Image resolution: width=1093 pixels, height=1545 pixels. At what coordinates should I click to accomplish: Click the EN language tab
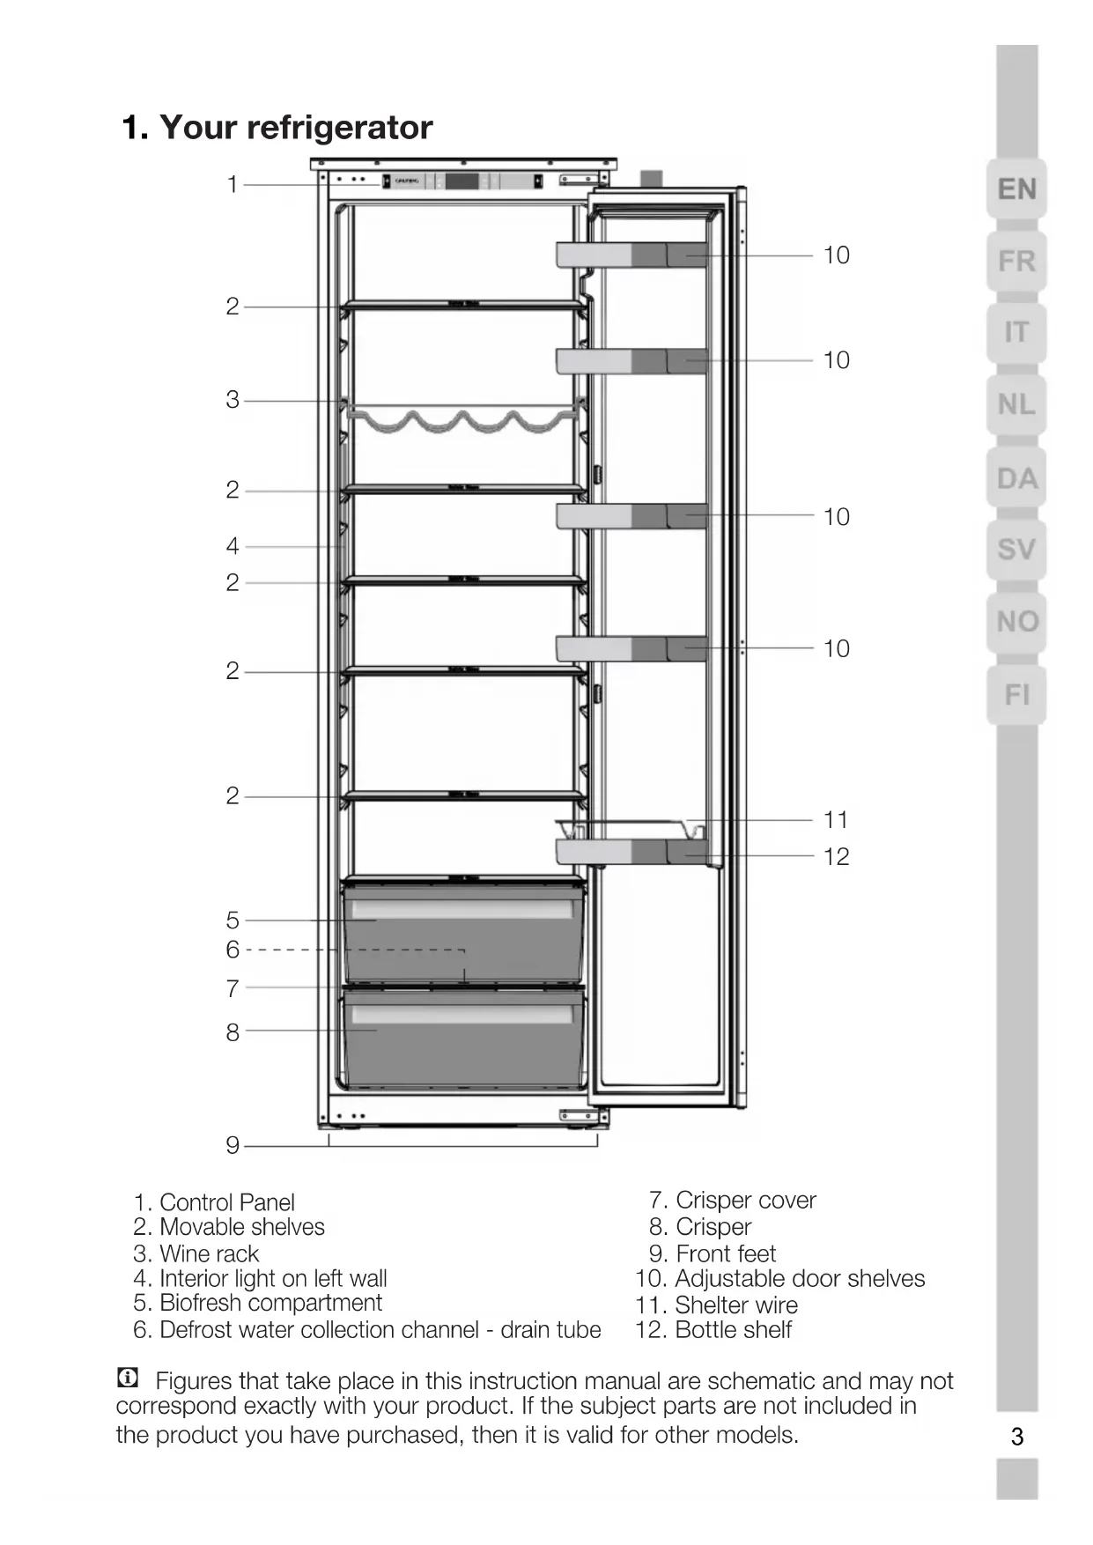(x=1016, y=189)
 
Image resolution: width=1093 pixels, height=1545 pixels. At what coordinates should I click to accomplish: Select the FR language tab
(x=1016, y=262)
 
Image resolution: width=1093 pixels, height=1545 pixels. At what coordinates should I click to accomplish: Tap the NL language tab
(x=1016, y=405)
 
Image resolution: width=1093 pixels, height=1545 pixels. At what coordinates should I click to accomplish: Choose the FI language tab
(x=1016, y=695)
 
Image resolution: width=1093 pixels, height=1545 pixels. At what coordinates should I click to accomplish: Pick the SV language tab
(x=1016, y=550)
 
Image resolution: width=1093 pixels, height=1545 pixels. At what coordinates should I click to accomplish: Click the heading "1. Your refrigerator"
(x=277, y=128)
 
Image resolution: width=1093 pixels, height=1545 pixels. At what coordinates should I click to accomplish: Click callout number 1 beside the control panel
(x=233, y=185)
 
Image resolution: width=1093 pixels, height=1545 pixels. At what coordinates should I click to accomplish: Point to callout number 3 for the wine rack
(x=233, y=400)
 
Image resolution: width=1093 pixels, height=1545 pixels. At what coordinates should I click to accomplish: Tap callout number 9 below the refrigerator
(x=233, y=1145)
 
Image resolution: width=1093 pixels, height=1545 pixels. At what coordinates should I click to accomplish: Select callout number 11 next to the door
(x=836, y=820)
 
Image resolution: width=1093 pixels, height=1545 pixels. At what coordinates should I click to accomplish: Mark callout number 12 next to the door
(x=836, y=856)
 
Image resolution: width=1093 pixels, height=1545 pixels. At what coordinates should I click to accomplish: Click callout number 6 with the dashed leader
(x=233, y=950)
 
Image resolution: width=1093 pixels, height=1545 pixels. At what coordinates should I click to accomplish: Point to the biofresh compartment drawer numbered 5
(x=463, y=934)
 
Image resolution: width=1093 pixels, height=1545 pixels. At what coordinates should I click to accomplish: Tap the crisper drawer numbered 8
(x=463, y=1039)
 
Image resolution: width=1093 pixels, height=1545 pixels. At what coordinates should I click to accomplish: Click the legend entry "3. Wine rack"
(x=196, y=1253)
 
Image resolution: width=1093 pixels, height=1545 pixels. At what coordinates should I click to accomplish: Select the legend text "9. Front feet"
(x=713, y=1253)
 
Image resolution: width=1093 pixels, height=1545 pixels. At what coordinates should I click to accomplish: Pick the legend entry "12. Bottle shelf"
(x=713, y=1330)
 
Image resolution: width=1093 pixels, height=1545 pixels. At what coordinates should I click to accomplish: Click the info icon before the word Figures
(x=128, y=1378)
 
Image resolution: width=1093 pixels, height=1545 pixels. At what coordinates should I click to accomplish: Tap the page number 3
(x=1017, y=1438)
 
